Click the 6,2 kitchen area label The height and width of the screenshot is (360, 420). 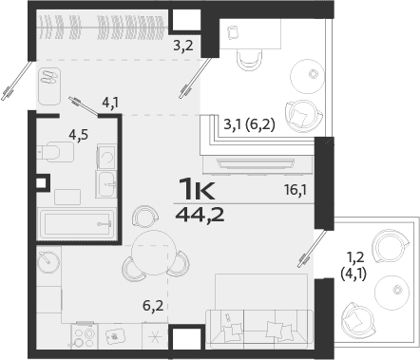153,305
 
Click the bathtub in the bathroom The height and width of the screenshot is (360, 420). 77,225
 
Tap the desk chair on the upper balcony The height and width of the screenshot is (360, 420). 249,57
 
